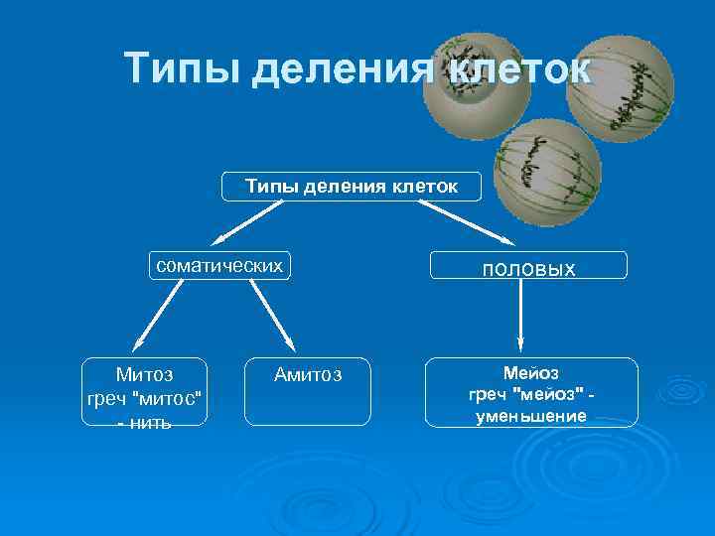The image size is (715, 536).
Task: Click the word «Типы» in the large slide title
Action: [183, 69]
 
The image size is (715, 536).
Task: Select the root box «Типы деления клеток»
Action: [352, 186]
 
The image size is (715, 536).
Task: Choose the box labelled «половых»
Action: [528, 266]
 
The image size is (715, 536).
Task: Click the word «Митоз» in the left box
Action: [144, 374]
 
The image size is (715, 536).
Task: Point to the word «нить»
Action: [150, 423]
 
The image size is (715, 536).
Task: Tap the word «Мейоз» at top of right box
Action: [530, 372]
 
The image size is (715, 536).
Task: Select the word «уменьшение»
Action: [530, 416]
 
